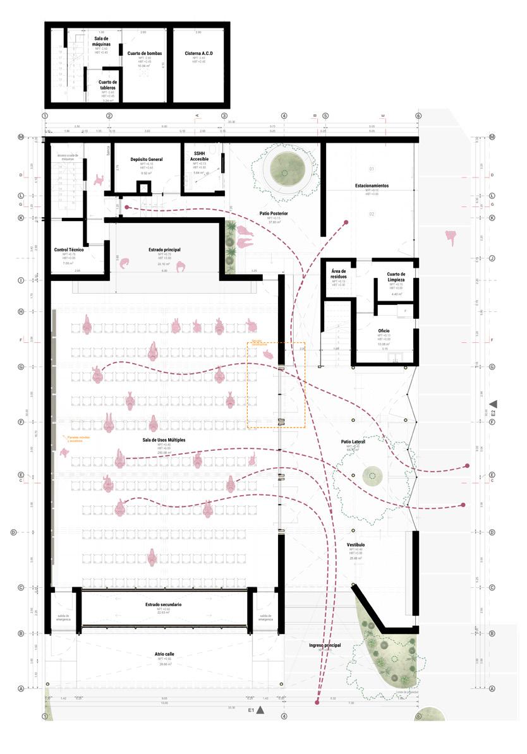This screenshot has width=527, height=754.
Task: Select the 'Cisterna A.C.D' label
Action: click(x=199, y=53)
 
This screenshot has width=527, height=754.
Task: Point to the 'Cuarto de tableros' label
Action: click(x=107, y=85)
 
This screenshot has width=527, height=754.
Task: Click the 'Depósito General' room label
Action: click(x=147, y=159)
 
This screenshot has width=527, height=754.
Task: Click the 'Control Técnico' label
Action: click(x=69, y=250)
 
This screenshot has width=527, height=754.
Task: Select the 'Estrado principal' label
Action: click(x=166, y=250)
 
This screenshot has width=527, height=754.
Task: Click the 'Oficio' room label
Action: click(x=384, y=330)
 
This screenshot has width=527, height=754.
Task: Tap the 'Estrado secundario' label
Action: click(x=163, y=604)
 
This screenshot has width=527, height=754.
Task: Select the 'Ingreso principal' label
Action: click(x=325, y=645)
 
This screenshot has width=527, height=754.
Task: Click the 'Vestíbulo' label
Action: click(x=355, y=544)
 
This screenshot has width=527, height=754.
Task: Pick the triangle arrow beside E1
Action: click(x=260, y=710)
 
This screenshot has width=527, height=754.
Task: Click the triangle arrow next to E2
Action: click(x=494, y=404)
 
